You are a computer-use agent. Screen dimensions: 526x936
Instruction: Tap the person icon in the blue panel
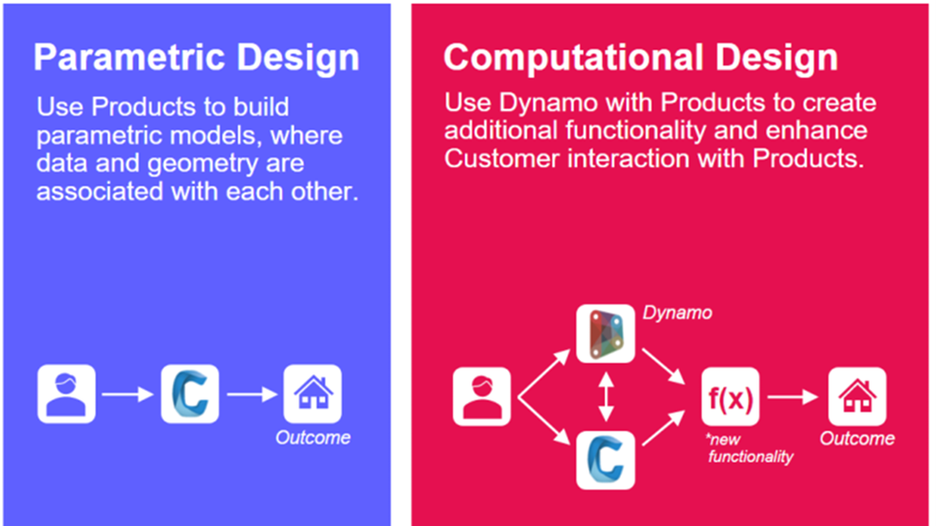coord(66,394)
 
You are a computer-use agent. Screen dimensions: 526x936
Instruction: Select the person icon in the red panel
coord(482,394)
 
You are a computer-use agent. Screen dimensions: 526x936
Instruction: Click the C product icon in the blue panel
coord(190,394)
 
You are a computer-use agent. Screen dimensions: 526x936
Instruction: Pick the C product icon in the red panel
coord(605,460)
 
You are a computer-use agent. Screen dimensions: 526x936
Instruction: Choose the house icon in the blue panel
coord(312,394)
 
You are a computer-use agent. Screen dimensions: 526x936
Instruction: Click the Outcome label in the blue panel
coord(313,438)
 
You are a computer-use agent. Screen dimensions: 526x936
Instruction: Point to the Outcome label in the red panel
coord(856,439)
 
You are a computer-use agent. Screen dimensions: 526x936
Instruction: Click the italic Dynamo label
coord(678,313)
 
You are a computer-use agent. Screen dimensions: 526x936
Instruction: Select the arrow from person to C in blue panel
coord(129,394)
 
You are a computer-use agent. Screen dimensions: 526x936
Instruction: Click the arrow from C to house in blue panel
coord(252,394)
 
